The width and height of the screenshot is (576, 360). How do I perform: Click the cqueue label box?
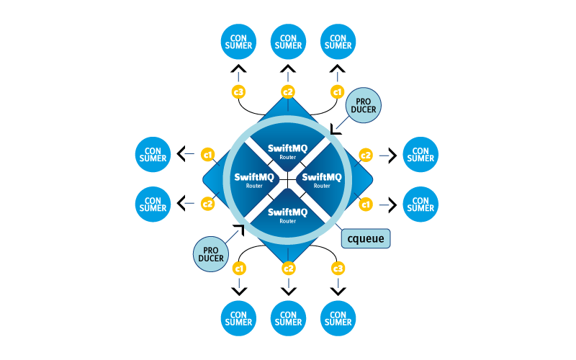(366, 238)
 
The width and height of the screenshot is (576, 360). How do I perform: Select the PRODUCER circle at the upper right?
(363, 106)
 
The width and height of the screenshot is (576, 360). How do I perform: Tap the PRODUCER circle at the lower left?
(210, 254)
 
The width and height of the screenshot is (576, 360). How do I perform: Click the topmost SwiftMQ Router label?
(287, 151)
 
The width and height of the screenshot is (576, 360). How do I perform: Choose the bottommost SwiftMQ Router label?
(287, 215)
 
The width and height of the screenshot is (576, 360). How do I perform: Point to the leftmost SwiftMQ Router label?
(254, 180)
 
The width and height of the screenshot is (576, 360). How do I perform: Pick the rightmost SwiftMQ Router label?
(321, 180)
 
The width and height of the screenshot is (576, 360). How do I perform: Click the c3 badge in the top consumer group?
(238, 91)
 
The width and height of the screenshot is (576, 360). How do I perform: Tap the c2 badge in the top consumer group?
(288, 91)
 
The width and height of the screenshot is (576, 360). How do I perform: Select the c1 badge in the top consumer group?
(337, 91)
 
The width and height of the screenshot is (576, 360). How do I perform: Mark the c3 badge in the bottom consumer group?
(338, 269)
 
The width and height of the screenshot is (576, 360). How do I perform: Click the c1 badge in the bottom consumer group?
(238, 269)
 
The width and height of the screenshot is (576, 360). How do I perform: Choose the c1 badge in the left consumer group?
(207, 155)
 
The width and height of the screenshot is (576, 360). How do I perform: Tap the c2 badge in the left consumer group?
(207, 204)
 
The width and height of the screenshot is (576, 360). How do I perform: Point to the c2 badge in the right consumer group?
(366, 155)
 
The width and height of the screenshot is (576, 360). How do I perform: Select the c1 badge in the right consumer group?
(366, 204)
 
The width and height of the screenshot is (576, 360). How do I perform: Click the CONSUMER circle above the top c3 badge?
(238, 41)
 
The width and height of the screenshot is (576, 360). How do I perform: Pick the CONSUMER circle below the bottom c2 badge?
(288, 318)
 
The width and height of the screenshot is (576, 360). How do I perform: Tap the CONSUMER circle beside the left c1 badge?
(153, 154)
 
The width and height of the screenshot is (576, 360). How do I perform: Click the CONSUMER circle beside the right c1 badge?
(420, 204)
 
